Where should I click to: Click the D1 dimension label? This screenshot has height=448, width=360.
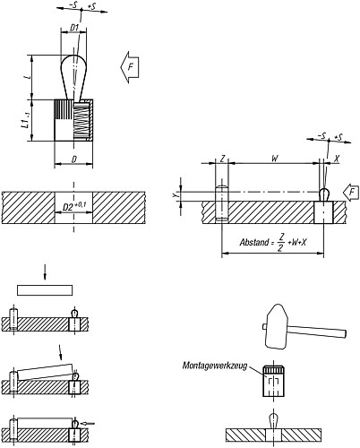(x=75, y=28)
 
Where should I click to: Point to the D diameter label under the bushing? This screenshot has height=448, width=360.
(x=73, y=159)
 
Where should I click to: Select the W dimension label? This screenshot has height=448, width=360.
(x=274, y=160)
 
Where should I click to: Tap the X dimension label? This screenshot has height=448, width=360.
(x=336, y=160)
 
